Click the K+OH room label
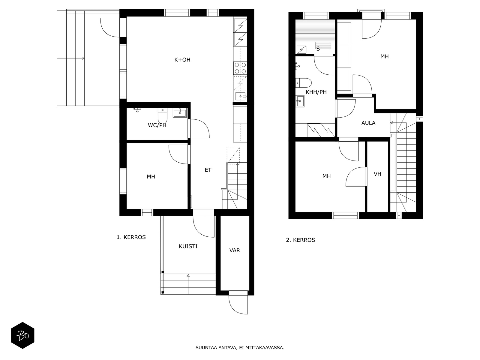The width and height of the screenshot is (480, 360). tap(182, 60)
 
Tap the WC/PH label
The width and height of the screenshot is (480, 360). tap(157, 125)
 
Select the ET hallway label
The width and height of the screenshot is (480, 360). tap(208, 170)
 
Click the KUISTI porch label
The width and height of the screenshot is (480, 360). tap(188, 246)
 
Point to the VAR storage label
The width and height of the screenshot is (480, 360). tap(235, 250)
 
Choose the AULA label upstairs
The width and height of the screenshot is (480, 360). tap(368, 123)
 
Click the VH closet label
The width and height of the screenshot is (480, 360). tap(377, 174)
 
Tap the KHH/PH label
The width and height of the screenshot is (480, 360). tap(316, 92)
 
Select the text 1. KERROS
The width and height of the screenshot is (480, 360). tap(131, 237)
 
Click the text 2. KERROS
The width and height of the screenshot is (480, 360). tap(301, 240)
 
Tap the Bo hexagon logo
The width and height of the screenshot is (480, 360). tap(22, 335)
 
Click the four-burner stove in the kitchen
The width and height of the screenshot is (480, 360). tap(240, 68)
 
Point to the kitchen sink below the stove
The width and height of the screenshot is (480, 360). tap(241, 96)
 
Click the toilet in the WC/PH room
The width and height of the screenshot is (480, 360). tap(163, 115)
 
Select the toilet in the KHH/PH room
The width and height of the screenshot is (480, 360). tap(304, 83)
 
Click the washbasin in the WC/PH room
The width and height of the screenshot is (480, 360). tap(179, 113)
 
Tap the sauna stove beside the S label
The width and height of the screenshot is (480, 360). tap(301, 49)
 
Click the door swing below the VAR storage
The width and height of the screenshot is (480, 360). tap(238, 304)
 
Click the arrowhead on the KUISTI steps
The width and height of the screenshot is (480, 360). tap(188, 275)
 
